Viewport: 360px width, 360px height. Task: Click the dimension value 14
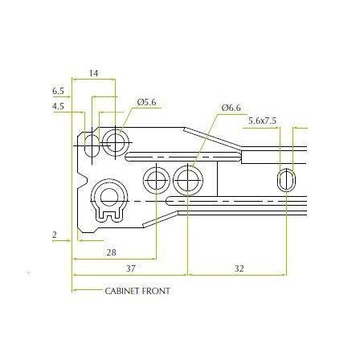[94, 73]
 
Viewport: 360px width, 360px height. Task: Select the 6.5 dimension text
[58, 92]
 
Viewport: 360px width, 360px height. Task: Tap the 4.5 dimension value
[58, 106]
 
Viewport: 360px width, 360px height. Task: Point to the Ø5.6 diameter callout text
[146, 102]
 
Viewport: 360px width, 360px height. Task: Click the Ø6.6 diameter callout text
[231, 108]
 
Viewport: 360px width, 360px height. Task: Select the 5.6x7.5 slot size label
[262, 121]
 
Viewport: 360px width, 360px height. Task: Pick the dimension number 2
[55, 235]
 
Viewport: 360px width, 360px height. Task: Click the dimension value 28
[112, 252]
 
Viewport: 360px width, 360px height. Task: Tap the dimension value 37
[130, 268]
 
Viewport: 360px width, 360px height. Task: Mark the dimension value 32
[239, 268]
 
